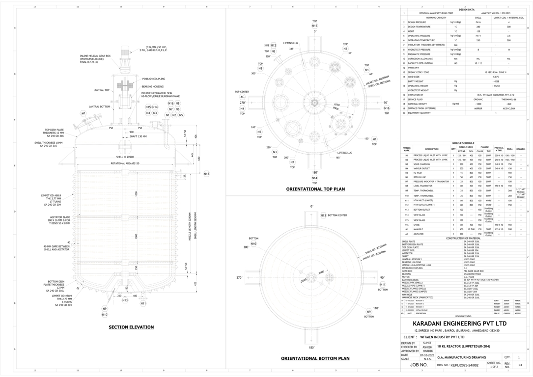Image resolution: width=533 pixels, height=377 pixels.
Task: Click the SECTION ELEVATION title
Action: coord(131,327)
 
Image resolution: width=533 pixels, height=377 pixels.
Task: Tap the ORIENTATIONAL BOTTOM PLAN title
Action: coord(315,359)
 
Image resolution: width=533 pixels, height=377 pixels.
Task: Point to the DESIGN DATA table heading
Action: coord(466,9)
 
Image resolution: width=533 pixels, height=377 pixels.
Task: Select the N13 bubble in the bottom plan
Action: coord(323,215)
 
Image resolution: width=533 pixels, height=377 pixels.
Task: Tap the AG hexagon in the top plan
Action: coord(242,97)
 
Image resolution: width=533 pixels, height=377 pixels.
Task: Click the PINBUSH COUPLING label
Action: coord(154,79)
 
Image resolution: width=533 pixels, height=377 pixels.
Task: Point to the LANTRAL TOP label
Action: coord(102,90)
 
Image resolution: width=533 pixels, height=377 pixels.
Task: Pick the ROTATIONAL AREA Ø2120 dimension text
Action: coord(125,163)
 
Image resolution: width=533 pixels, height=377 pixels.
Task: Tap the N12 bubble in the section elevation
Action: coord(206,174)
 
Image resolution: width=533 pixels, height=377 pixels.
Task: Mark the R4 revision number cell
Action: coord(520,366)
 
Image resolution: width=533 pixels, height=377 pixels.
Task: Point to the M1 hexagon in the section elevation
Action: coord(84,113)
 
